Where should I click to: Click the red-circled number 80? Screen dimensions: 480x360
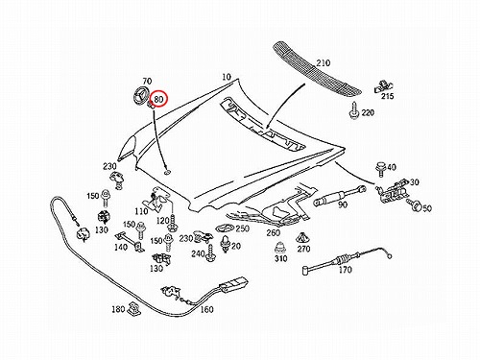[158, 99]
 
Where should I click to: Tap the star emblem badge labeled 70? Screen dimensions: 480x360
[140, 94]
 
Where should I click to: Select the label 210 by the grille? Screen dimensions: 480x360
[323, 63]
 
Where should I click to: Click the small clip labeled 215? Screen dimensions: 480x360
[383, 86]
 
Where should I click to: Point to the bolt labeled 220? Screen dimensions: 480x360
[354, 110]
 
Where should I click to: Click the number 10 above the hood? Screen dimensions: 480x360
[226, 77]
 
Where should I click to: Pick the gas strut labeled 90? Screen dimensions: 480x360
[340, 195]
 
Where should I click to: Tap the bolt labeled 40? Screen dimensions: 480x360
[380, 169]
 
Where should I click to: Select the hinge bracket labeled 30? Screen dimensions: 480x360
[392, 191]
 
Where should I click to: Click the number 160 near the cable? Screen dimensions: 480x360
[206, 309]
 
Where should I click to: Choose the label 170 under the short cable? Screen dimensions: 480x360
[346, 270]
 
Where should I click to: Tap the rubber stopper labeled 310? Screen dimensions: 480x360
[280, 248]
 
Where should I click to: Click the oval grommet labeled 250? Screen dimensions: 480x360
[225, 229]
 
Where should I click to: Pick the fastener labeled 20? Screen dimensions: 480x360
[226, 244]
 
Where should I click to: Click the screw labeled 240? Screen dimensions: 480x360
[211, 253]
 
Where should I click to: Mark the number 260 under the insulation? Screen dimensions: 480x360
[274, 232]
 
